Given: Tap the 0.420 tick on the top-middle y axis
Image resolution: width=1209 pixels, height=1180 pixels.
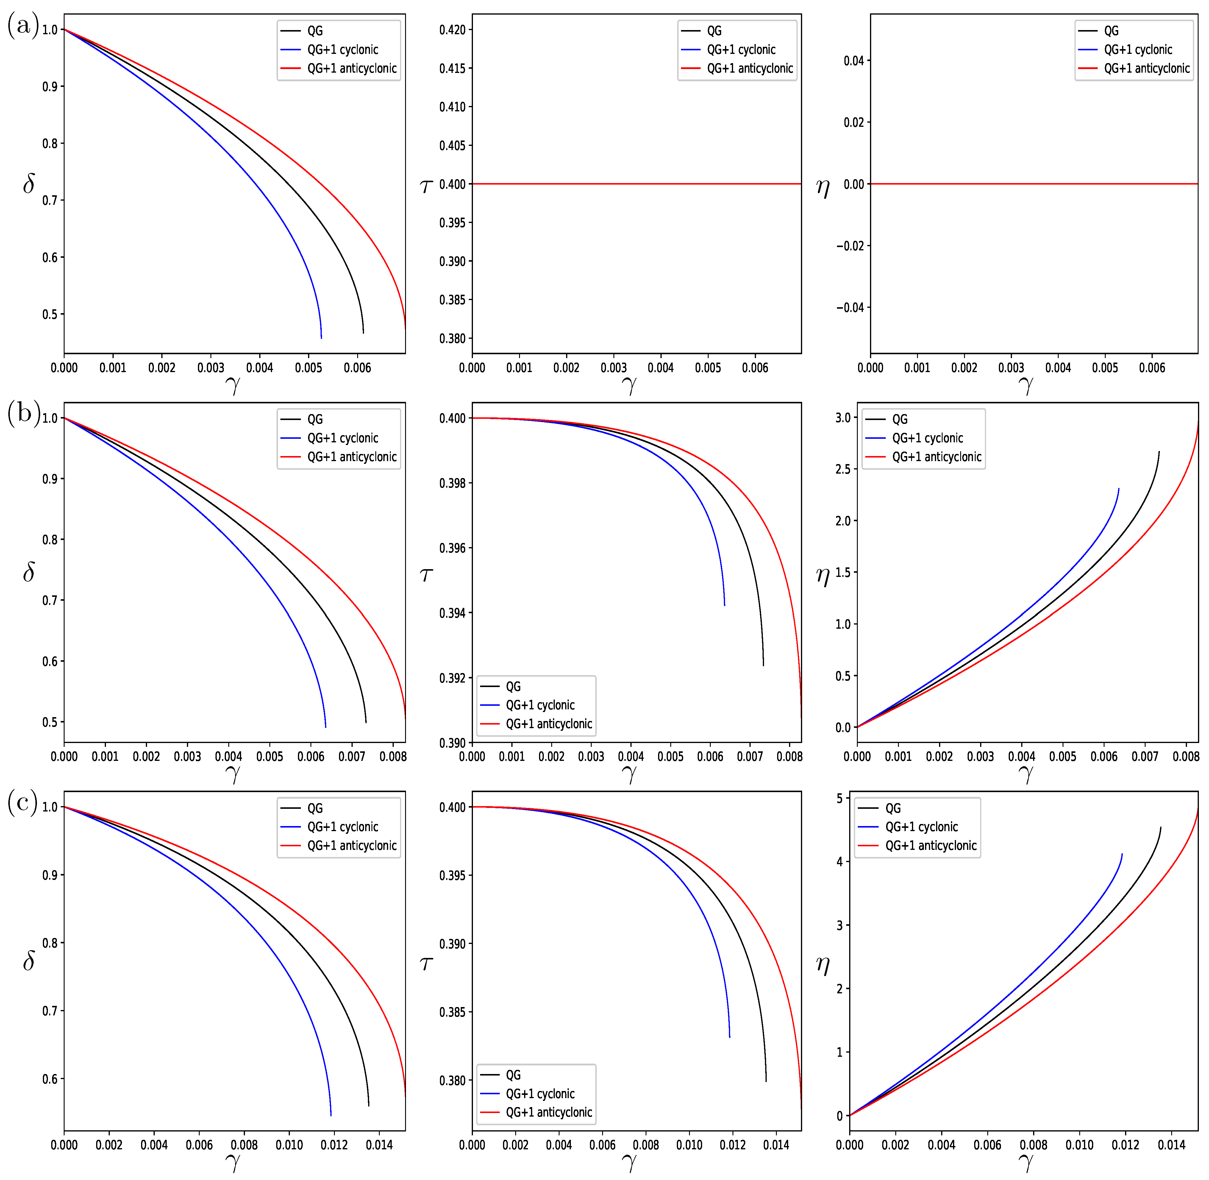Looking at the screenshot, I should coord(452,30).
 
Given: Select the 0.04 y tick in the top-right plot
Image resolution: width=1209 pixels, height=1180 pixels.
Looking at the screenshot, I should coord(853,61).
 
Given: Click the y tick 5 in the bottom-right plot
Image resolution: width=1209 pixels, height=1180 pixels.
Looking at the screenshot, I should coord(840,799).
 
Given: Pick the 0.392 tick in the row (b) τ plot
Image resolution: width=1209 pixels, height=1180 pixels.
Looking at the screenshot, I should coord(452,678).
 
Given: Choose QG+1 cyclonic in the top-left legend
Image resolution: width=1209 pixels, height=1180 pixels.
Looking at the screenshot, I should coord(342,50).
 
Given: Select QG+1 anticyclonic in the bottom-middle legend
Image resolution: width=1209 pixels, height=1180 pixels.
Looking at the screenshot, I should coord(549,1112).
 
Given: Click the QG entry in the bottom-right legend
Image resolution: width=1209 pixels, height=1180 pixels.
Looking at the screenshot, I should coord(892,808).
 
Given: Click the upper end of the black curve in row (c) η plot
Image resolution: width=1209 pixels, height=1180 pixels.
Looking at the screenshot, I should coord(1160,827).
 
